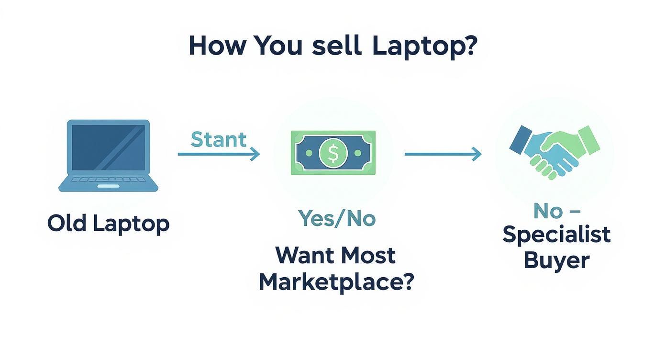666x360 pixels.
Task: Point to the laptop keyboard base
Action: click(x=108, y=182)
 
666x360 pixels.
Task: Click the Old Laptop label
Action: click(x=108, y=224)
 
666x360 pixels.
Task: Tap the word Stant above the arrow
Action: click(x=219, y=139)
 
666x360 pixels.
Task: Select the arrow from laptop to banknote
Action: click(x=219, y=154)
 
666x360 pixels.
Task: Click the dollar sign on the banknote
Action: click(x=333, y=153)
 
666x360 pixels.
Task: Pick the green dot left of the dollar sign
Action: click(x=309, y=153)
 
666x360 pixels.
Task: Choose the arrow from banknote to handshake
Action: click(x=443, y=154)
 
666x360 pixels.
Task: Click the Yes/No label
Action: click(x=337, y=218)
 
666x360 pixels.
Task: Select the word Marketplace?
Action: click(x=336, y=282)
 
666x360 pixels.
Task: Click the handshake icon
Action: click(x=554, y=151)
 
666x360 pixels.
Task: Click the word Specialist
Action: click(x=556, y=235)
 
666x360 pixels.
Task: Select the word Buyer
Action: click(x=556, y=261)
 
